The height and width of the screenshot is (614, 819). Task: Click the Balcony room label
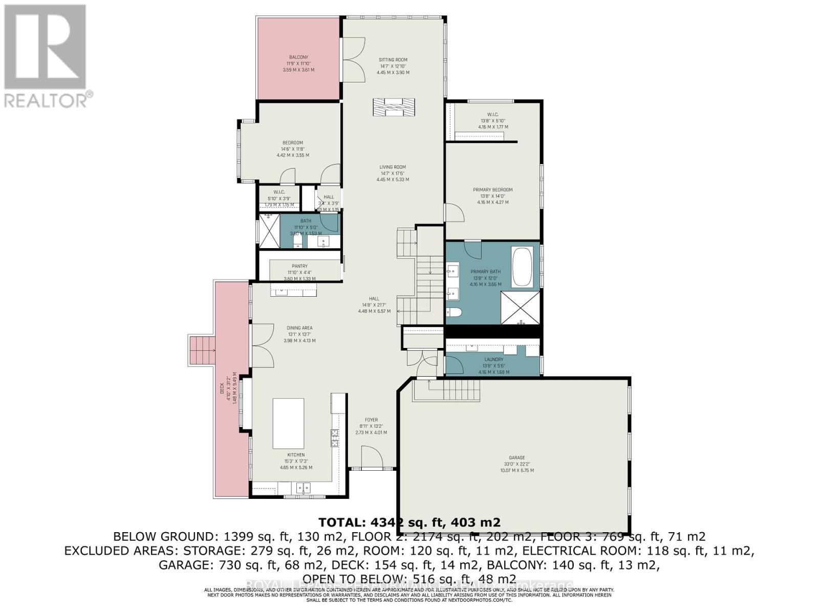pyautogui.click(x=298, y=57)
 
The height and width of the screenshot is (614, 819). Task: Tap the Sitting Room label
pyautogui.click(x=393, y=60)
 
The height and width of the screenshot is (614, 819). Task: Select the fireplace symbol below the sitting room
pyautogui.click(x=394, y=108)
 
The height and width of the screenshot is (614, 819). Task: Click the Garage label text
pyautogui.click(x=516, y=458)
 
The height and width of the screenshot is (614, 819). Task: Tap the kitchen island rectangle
pyautogui.click(x=288, y=424)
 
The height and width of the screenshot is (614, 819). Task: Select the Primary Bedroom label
pyautogui.click(x=492, y=190)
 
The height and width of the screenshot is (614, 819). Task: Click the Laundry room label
pyautogui.click(x=493, y=360)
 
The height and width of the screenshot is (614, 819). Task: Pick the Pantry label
pyautogui.click(x=299, y=266)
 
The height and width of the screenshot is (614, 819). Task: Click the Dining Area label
pyautogui.click(x=299, y=328)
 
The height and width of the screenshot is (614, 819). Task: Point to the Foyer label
pyautogui.click(x=371, y=420)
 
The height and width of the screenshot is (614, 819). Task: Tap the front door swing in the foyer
pyautogui.click(x=371, y=457)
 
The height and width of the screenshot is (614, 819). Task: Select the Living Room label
pyautogui.click(x=393, y=167)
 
